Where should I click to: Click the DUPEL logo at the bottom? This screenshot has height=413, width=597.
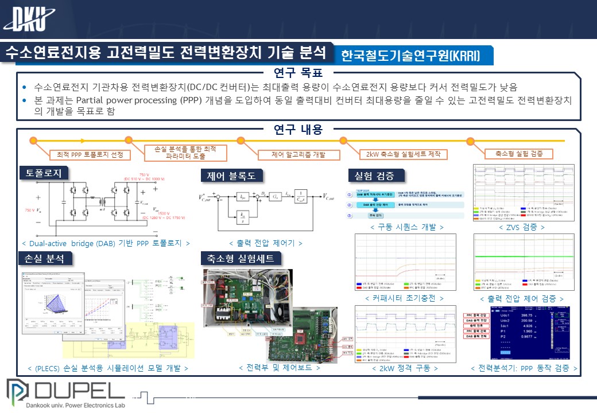click(x=65, y=393)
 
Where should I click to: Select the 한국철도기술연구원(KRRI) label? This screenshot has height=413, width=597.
click(x=410, y=56)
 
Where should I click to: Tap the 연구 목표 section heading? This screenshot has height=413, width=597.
click(x=298, y=73)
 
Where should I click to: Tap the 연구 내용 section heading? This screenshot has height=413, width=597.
click(x=298, y=130)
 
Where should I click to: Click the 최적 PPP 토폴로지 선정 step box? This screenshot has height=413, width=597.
click(x=90, y=155)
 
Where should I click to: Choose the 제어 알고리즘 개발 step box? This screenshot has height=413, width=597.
click(x=298, y=154)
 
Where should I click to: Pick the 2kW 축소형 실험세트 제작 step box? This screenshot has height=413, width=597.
click(x=403, y=154)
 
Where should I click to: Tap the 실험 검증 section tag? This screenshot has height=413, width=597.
click(x=376, y=175)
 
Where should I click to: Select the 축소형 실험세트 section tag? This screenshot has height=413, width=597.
click(x=241, y=259)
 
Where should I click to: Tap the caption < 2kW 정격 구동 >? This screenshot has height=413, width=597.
click(x=405, y=368)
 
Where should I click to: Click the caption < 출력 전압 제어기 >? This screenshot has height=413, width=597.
click(x=266, y=243)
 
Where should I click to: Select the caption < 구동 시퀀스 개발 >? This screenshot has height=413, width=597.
click(x=407, y=227)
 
